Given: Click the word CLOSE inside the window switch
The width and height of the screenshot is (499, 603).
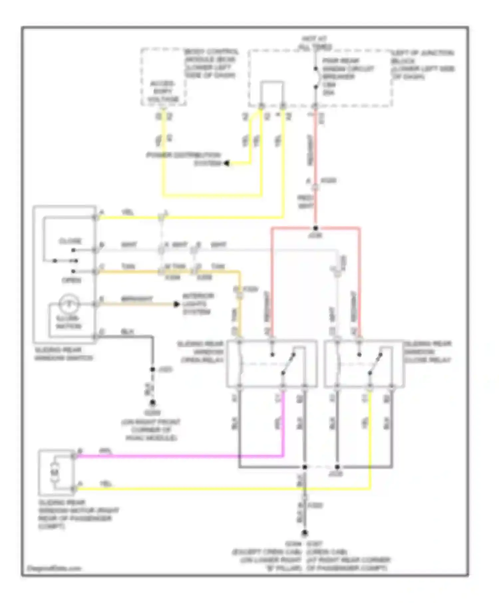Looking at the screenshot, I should tap(70, 241).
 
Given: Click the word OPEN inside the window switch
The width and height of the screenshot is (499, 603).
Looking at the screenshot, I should tap(71, 281).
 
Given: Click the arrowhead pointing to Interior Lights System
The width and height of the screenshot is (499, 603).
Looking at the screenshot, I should tap(177, 304).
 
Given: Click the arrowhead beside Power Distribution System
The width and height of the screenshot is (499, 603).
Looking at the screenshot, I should tap(227, 163).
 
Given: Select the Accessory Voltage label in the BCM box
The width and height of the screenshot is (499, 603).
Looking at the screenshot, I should tap(163, 91).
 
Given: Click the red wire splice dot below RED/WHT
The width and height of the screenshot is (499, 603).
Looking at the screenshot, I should tap(315, 228).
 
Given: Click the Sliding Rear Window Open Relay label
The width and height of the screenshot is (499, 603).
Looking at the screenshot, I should tap(201, 352).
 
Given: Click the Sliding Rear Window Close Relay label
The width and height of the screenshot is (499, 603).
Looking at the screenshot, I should tap(427, 352).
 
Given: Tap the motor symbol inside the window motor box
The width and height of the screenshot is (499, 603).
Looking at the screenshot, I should tap(55, 472).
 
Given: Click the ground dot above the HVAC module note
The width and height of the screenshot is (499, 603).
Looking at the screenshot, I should tap(152, 403).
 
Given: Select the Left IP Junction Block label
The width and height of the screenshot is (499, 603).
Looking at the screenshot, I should tap(423, 64).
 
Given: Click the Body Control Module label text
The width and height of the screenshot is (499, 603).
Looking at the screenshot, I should tap(211, 63).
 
